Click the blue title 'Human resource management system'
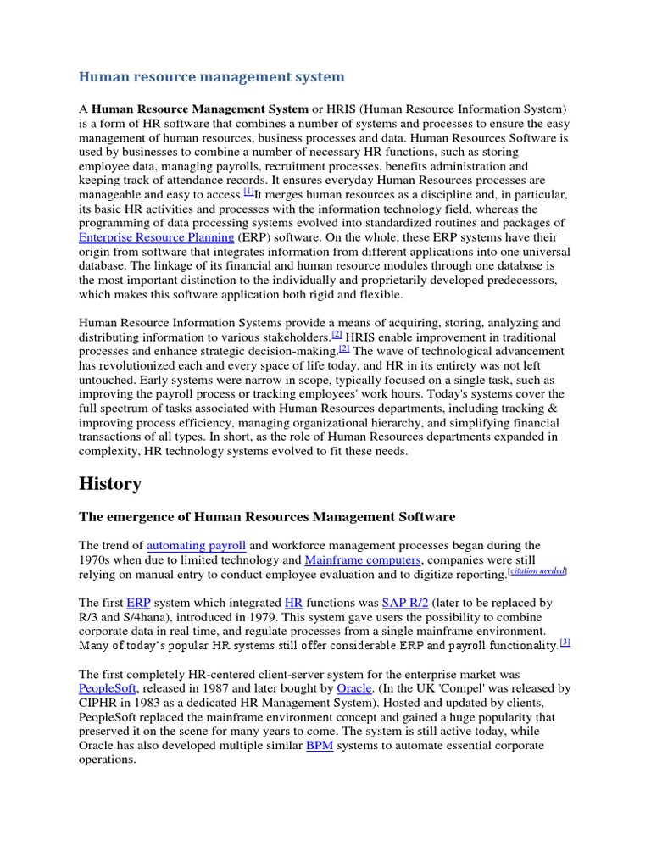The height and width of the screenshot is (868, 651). point(211,77)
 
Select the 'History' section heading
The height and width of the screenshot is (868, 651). point(109,483)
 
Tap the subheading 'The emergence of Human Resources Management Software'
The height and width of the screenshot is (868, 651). point(267,516)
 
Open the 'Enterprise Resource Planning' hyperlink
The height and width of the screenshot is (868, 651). point(156,238)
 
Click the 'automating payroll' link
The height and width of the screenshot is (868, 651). point(196,545)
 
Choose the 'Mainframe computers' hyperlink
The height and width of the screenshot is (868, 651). point(362,560)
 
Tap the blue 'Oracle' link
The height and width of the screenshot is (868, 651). point(354,689)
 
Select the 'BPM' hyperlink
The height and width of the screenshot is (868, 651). point(320,746)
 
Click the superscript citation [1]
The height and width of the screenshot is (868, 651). point(248,192)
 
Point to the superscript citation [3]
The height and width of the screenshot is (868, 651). point(565,643)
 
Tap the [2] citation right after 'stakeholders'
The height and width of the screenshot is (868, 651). point(337,334)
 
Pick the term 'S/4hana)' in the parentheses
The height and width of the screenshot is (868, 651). point(136,618)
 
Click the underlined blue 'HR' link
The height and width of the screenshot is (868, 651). point(293,603)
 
